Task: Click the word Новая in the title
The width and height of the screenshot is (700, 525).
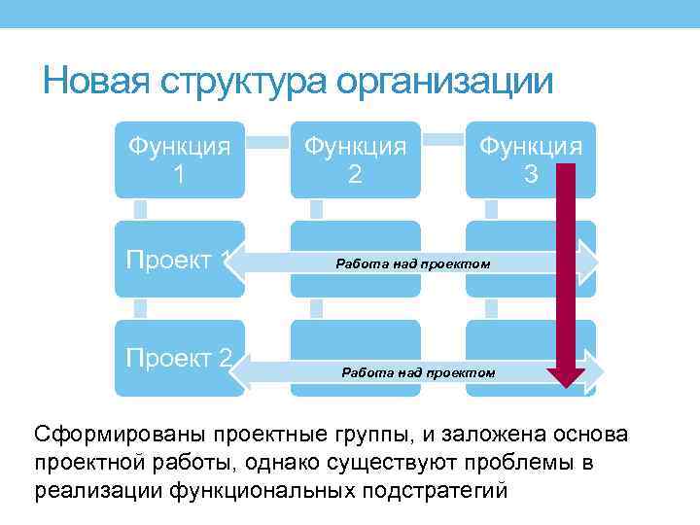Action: pos(90,81)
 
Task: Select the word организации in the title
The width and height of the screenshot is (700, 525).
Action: pos(444,81)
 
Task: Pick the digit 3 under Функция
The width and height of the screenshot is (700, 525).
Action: pos(530,175)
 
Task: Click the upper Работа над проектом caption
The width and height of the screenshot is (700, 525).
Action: pos(413,263)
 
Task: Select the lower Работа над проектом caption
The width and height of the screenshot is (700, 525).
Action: pos(418,372)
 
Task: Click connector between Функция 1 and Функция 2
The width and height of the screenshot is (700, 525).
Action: pos(267,142)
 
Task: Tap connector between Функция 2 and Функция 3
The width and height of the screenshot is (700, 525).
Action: pos(443,142)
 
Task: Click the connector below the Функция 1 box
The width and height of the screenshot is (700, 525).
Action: pos(141,208)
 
